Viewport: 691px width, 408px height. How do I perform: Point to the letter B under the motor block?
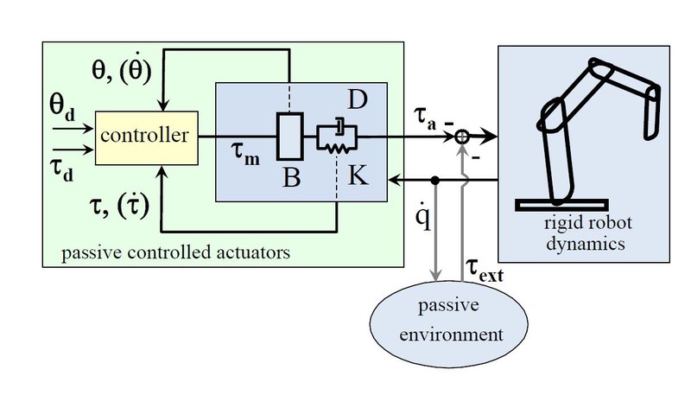click(x=291, y=179)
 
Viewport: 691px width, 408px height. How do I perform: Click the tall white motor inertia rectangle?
click(x=288, y=136)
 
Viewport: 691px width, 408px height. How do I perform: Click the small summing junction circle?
click(x=463, y=137)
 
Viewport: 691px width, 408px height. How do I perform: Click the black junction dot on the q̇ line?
click(x=436, y=181)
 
